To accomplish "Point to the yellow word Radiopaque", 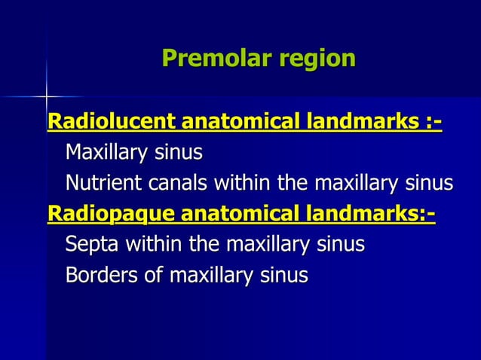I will (x=109, y=213).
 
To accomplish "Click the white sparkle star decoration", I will (x=46, y=96).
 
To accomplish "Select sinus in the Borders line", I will (x=285, y=275).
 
